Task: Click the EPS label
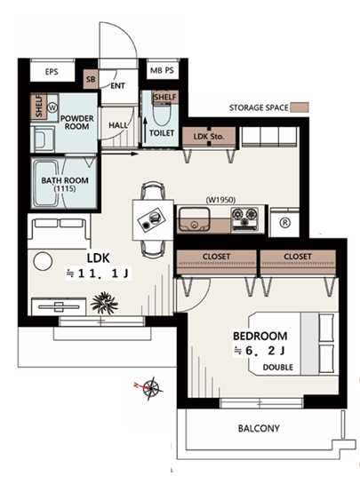tap(52, 72)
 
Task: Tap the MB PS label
tap(162, 70)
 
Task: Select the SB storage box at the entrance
tap(91, 79)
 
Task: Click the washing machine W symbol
tap(52, 107)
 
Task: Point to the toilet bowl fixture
tap(162, 114)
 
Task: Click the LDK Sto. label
tap(209, 136)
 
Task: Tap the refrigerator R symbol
tap(285, 223)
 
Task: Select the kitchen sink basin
tap(195, 219)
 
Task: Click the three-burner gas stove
tap(244, 218)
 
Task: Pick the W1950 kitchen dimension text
tap(220, 200)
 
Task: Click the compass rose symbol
tap(150, 388)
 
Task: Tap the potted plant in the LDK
tap(104, 303)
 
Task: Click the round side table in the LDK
tap(43, 261)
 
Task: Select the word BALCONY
tap(259, 428)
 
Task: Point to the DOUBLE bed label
tap(278, 368)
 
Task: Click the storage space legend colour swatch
tap(300, 107)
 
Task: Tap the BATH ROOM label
tap(65, 180)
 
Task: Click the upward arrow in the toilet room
tap(145, 130)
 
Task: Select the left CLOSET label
tap(216, 257)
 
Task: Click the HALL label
tap(118, 125)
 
